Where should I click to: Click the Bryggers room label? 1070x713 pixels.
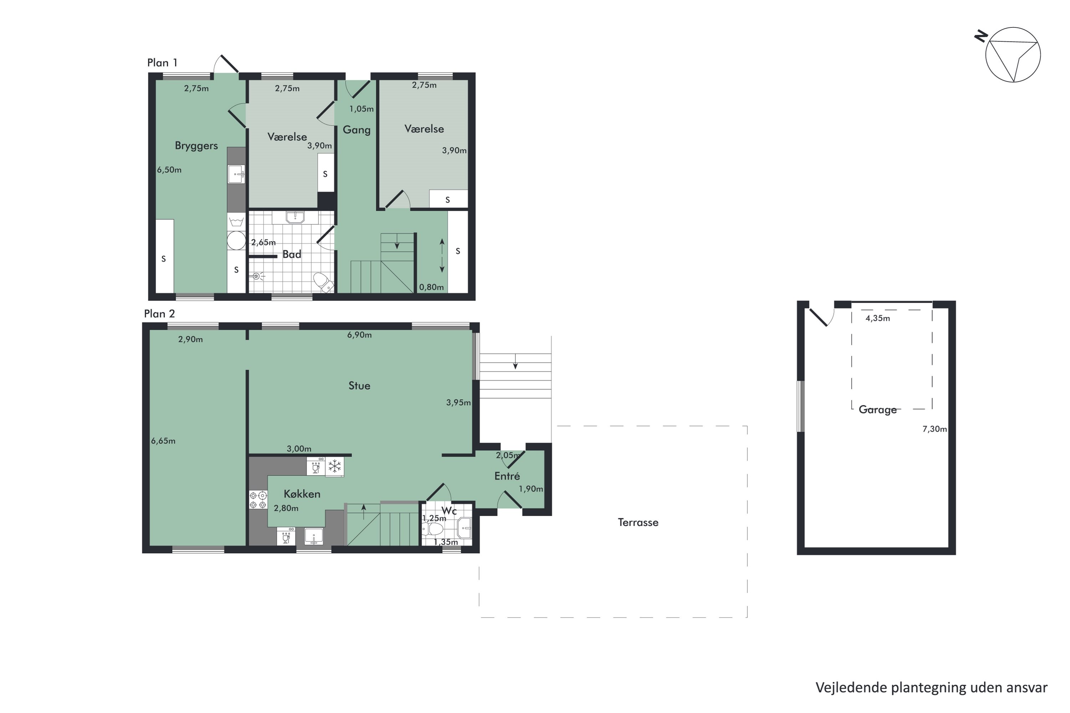(196, 145)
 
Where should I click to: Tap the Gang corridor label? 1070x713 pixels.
(356, 130)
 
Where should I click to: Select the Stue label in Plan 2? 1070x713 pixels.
(359, 386)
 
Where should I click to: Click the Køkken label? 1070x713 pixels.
(302, 494)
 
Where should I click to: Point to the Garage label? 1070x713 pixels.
(877, 410)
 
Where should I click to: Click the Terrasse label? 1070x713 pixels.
(638, 523)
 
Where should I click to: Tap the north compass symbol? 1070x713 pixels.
(1012, 55)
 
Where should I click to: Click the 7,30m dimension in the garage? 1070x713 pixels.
(934, 429)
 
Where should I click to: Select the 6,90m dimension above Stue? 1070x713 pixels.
(359, 335)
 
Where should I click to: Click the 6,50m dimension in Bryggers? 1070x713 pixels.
(169, 170)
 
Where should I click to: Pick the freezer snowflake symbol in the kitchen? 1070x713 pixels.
(335, 466)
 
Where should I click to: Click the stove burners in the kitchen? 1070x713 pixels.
(258, 500)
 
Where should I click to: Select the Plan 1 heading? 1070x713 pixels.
(162, 63)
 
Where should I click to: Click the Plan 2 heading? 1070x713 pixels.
(159, 314)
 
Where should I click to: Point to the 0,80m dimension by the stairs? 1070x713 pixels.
(431, 287)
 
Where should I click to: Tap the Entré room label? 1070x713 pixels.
(507, 476)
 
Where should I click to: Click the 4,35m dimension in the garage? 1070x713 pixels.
(877, 318)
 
